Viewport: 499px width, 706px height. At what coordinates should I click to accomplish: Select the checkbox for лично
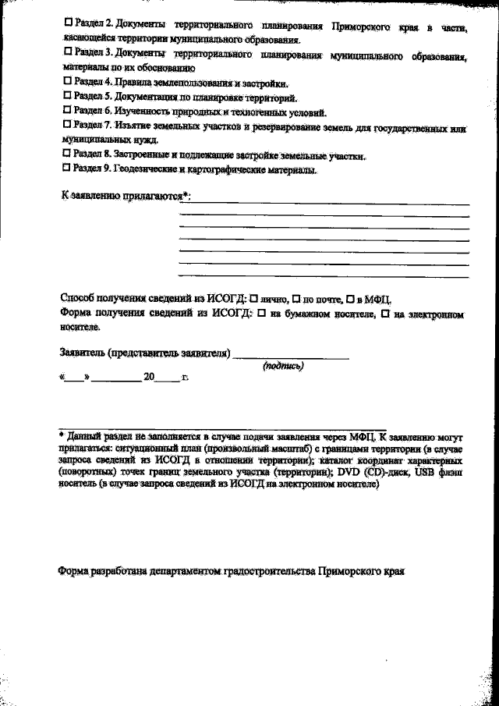pyautogui.click(x=253, y=299)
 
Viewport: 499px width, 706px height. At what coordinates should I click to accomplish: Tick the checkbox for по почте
pyautogui.click(x=296, y=299)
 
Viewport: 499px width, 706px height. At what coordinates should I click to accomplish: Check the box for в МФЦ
pyautogui.click(x=350, y=299)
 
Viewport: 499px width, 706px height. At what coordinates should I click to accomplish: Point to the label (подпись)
pyautogui.click(x=283, y=365)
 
